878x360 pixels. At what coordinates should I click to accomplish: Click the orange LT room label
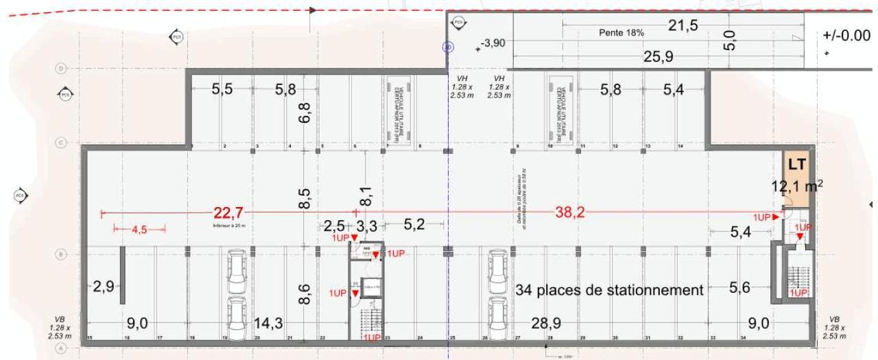[x=796, y=165]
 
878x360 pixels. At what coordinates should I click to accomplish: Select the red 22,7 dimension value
[x=228, y=213]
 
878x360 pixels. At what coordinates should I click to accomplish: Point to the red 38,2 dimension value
[x=570, y=213]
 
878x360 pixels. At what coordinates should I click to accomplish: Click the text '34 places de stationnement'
[x=609, y=290]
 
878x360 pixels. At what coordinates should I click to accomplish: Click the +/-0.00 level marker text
[x=846, y=36]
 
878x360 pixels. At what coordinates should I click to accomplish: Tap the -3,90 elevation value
[x=493, y=43]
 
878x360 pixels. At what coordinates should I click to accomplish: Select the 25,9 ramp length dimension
[x=658, y=57]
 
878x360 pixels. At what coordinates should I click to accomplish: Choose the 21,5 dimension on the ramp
[x=683, y=25]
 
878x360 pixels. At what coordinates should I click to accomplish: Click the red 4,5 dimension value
[x=139, y=230]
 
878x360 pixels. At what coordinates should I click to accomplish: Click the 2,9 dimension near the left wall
[x=104, y=287]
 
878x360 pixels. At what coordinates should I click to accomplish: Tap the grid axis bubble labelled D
[x=60, y=69]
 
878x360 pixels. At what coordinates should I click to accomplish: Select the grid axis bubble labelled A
[x=60, y=348]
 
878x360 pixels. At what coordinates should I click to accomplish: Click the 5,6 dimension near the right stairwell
[x=739, y=288]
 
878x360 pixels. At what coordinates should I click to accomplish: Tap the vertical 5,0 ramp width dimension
[x=729, y=40]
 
